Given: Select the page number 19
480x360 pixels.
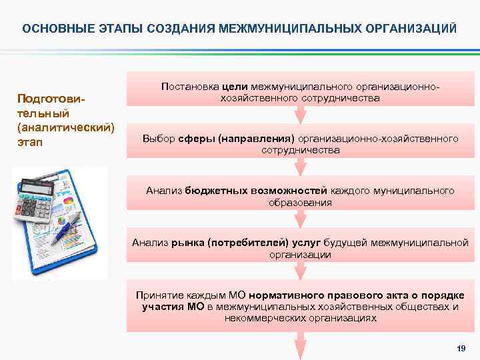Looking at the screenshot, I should pos(459,349).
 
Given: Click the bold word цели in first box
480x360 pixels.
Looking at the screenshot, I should pos(236,87).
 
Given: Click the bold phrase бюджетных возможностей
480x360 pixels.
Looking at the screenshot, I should pos(246,191).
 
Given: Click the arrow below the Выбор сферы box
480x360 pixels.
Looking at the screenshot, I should pos(301,167).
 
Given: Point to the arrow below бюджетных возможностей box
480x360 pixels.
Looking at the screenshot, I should pos(301,219).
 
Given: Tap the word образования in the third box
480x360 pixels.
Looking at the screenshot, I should pos(300,202).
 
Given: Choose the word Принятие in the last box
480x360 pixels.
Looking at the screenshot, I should pos(157,295).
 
